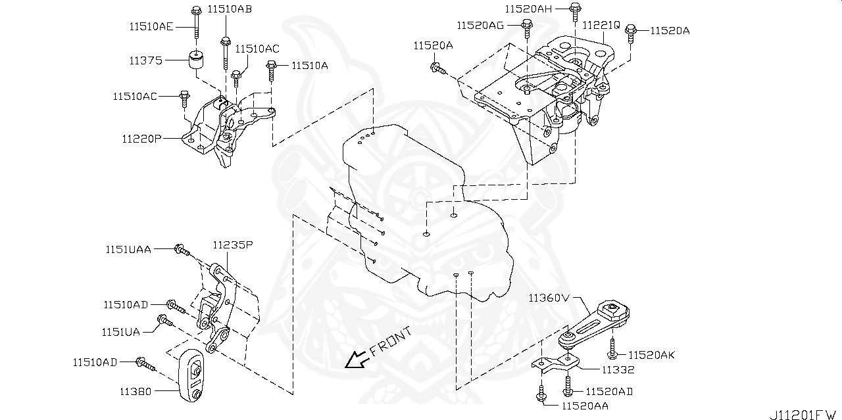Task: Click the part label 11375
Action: pyautogui.click(x=145, y=60)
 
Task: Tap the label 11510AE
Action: pyautogui.click(x=151, y=26)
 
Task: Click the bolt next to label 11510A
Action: pyautogui.click(x=270, y=66)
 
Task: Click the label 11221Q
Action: pyautogui.click(x=601, y=25)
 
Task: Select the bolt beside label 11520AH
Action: pyautogui.click(x=574, y=9)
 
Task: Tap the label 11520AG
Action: pyautogui.click(x=480, y=24)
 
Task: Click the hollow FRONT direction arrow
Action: pyautogui.click(x=357, y=360)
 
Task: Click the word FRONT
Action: pyautogui.click(x=391, y=341)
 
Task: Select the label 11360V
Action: pyautogui.click(x=548, y=298)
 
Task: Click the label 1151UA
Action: pyautogui.click(x=120, y=331)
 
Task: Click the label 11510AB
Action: pyautogui.click(x=230, y=9)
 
